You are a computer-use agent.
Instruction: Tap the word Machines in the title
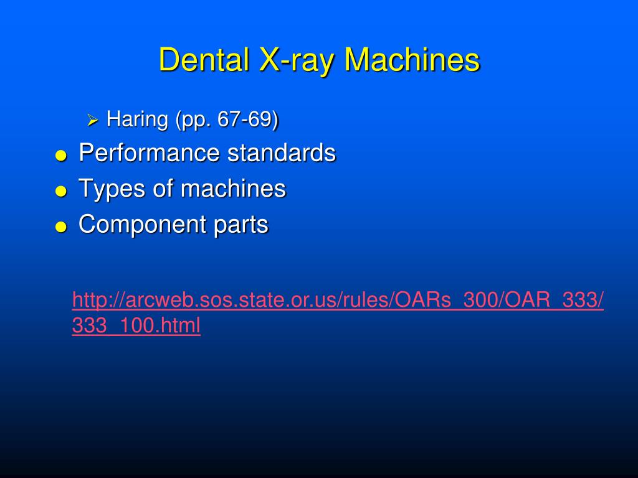(412, 60)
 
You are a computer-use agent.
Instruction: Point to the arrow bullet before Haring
(93, 119)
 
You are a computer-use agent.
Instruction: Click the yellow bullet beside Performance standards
(60, 156)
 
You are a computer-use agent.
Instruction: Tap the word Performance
(150, 152)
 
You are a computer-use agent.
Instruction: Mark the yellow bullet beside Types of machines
(60, 192)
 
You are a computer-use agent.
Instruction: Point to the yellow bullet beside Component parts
(60, 227)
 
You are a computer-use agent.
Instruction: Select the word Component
(141, 225)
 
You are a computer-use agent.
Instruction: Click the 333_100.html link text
(136, 326)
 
